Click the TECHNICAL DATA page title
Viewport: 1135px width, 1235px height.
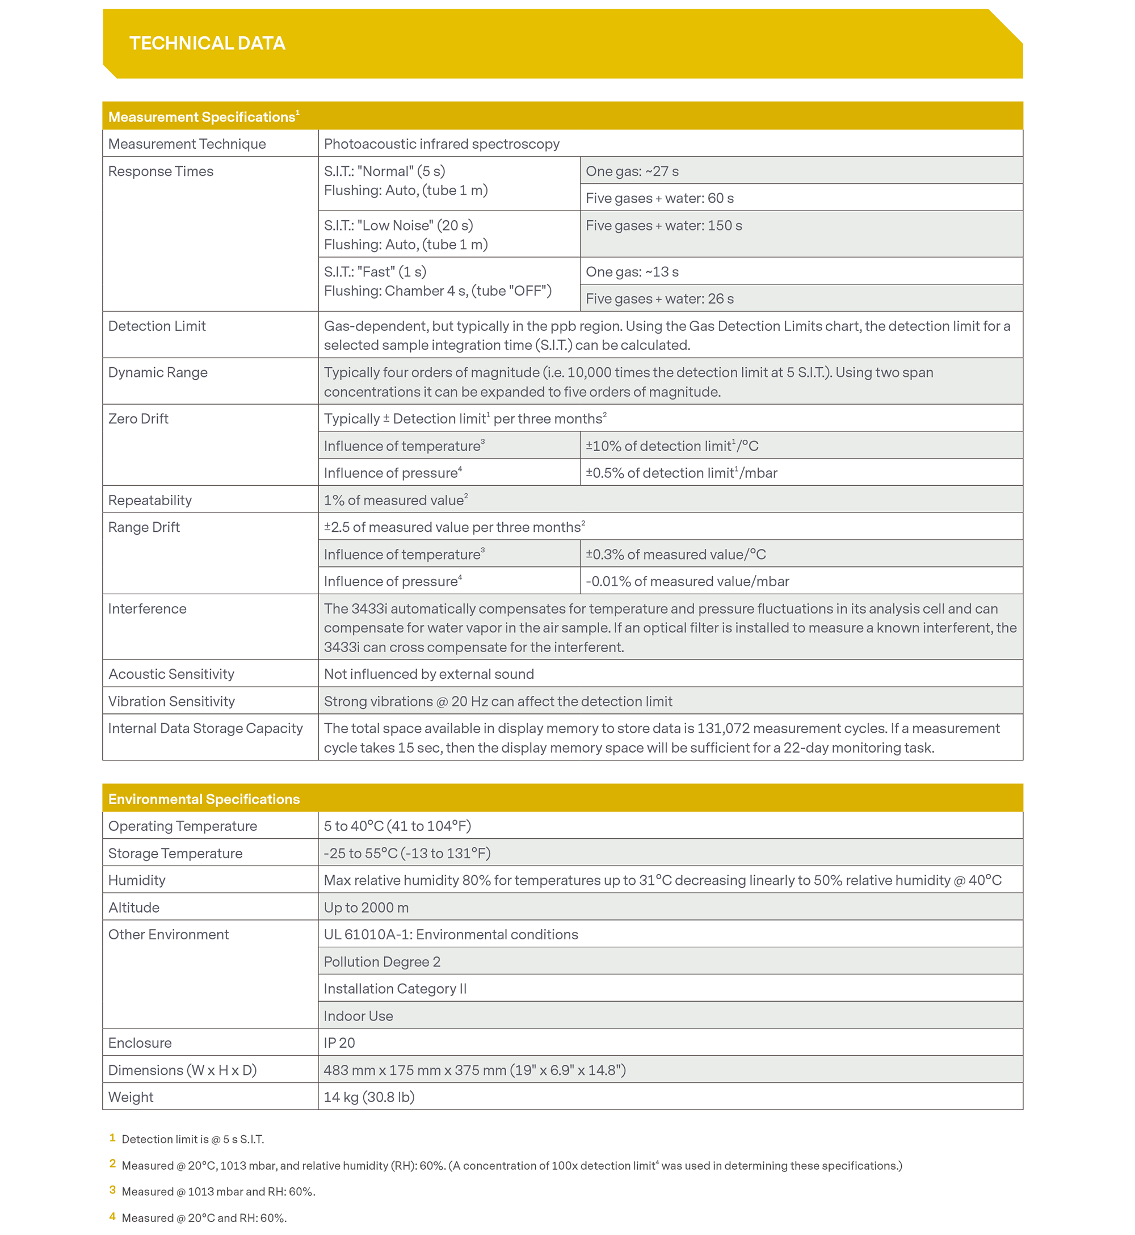click(207, 43)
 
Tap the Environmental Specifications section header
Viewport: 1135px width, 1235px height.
click(204, 799)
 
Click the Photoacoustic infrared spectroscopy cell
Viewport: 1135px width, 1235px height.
click(442, 144)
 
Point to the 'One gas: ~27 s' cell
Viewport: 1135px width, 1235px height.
click(632, 171)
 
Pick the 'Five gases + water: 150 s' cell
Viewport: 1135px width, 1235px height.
click(663, 225)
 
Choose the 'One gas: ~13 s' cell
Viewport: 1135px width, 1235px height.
click(632, 271)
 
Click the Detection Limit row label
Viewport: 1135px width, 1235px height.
click(157, 326)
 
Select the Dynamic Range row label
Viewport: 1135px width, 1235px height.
click(158, 372)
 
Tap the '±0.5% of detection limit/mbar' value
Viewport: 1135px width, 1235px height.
click(681, 473)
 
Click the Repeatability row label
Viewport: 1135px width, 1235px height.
click(150, 500)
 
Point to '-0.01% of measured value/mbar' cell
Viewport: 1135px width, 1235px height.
click(687, 581)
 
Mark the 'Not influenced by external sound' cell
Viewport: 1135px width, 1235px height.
click(428, 674)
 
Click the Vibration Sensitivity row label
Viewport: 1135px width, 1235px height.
click(171, 701)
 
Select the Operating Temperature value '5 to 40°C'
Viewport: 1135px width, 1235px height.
click(397, 826)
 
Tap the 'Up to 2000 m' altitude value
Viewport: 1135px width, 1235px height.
click(366, 907)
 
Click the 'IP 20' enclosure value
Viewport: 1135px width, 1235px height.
click(339, 1043)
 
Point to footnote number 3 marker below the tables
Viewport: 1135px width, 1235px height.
click(112, 1190)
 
